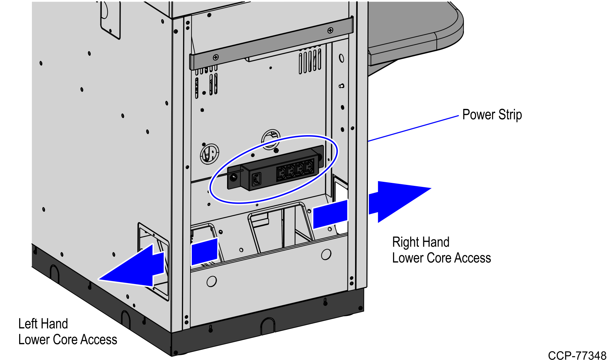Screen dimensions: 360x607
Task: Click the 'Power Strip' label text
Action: tap(492, 115)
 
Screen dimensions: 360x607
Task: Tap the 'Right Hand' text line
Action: tap(421, 242)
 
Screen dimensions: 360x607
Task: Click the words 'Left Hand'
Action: tap(43, 324)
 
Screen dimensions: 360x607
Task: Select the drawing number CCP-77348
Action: tap(577, 355)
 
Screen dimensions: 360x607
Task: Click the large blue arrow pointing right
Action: tap(396, 201)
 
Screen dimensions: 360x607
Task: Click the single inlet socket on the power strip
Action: tap(256, 179)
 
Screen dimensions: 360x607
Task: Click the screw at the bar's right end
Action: tap(330, 31)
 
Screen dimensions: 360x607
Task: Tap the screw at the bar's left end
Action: tap(216, 57)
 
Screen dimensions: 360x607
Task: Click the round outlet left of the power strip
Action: tap(210, 154)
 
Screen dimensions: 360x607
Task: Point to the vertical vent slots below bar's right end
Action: tap(310, 61)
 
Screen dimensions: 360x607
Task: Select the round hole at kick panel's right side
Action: tap(326, 254)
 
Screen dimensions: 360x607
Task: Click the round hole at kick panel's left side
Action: tap(212, 281)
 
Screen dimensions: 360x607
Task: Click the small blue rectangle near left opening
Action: tap(205, 252)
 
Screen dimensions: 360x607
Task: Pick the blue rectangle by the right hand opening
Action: tap(330, 214)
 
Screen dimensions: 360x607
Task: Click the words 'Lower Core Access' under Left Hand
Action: tap(68, 339)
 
